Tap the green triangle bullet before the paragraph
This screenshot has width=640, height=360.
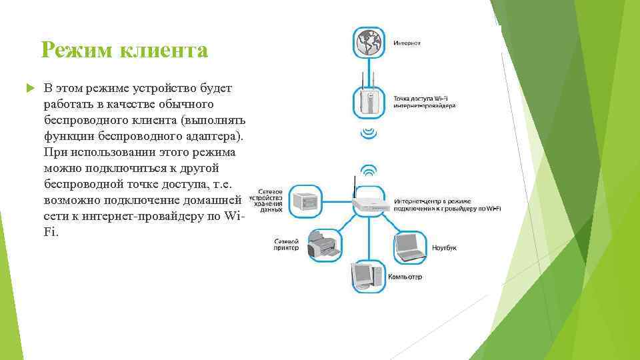29,89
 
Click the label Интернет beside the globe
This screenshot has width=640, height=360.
407,43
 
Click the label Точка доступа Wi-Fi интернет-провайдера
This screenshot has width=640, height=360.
425,102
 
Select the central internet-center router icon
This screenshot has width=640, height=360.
368,203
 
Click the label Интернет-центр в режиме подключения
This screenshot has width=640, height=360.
447,205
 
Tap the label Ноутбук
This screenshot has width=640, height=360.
444,247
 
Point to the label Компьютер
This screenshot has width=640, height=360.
406,277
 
